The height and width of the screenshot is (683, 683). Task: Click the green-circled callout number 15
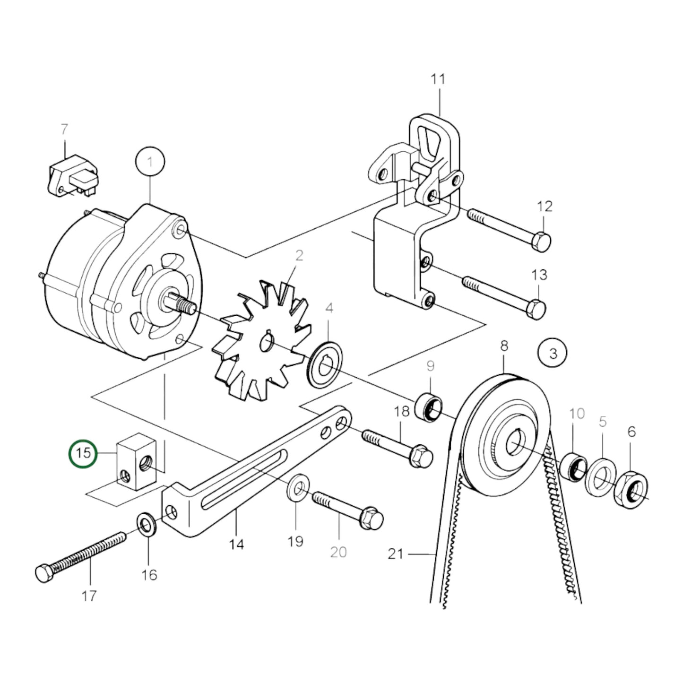[x=83, y=453]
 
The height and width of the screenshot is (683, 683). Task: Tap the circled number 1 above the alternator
[x=150, y=163]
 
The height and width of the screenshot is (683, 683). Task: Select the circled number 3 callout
[x=553, y=353]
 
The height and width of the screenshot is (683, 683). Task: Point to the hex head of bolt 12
[x=541, y=242]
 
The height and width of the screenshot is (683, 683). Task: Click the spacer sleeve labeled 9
[x=430, y=406]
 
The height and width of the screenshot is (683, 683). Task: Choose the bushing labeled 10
[x=573, y=467]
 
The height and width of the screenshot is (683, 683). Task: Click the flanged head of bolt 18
[x=420, y=457]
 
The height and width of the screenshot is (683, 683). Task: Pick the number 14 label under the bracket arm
[x=236, y=545]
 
